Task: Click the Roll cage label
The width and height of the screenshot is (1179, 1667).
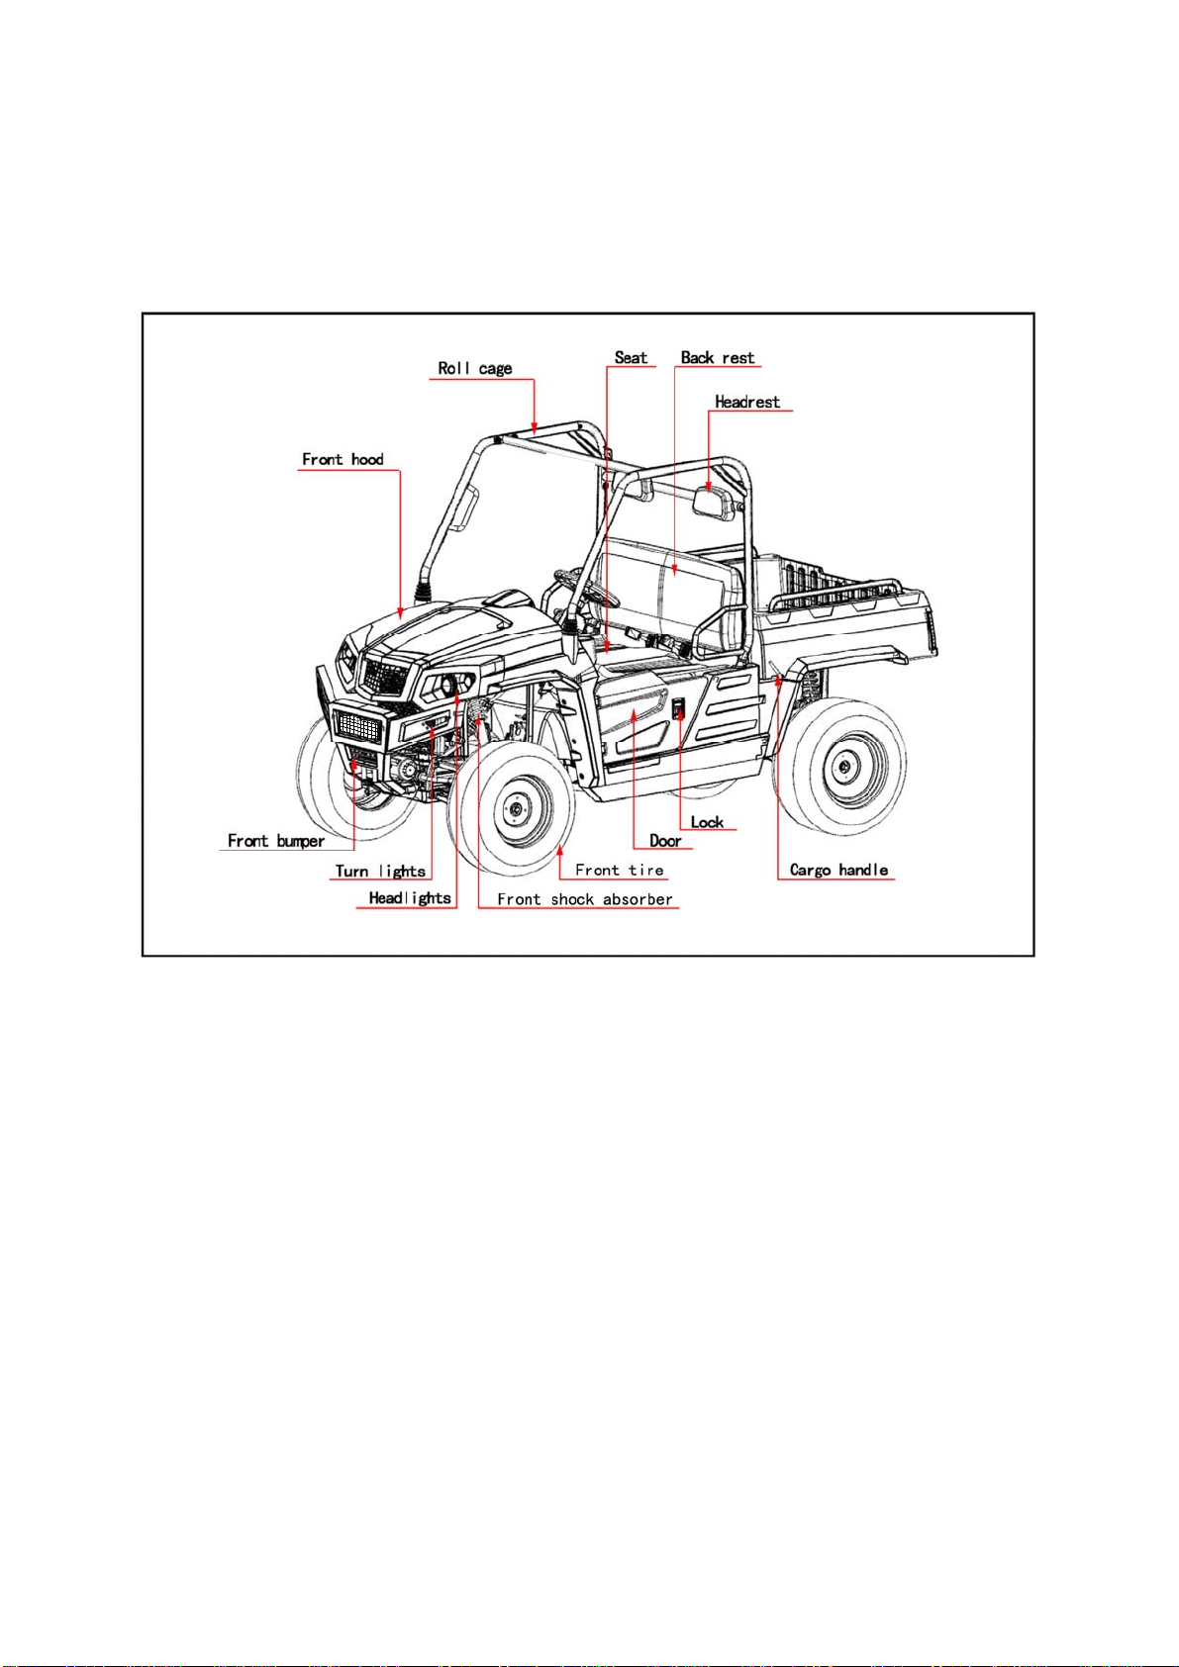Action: tap(474, 368)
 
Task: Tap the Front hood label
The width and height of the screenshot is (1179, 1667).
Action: tap(343, 459)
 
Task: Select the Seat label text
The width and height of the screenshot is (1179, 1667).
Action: tap(631, 358)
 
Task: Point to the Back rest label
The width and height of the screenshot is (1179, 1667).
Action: tap(718, 358)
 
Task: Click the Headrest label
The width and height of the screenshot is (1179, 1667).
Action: tap(747, 402)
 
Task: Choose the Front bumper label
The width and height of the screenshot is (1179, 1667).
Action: tap(276, 841)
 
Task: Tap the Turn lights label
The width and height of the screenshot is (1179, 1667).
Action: tap(380, 871)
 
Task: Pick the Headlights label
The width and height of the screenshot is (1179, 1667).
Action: tap(410, 898)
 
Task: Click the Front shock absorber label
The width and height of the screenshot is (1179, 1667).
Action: tap(585, 899)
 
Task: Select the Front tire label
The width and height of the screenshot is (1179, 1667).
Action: tap(619, 870)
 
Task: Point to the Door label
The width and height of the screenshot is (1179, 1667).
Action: tap(665, 841)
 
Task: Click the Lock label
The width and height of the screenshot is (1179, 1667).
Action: tap(707, 821)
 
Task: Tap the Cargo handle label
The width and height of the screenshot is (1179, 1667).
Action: tap(838, 870)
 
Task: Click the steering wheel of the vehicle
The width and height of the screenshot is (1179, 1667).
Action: tap(588, 587)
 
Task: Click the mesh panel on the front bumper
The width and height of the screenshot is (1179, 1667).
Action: tap(358, 725)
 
